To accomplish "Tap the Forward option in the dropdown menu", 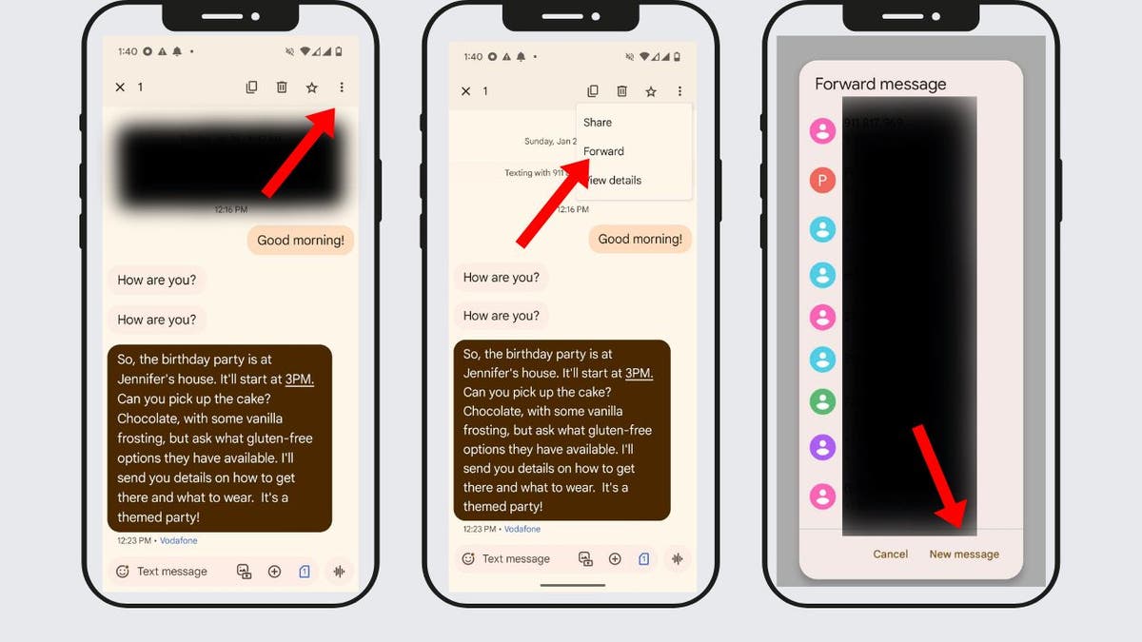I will point(603,151).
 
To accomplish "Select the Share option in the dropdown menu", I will point(598,123).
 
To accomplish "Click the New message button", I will point(964,554).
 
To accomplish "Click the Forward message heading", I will point(880,85).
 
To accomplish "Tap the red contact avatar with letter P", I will point(822,180).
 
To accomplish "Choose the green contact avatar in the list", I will point(822,401).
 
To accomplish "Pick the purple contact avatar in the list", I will point(822,447).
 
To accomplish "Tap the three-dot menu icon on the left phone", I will point(342,88).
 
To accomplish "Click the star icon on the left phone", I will point(311,88).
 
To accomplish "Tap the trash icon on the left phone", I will point(282,88).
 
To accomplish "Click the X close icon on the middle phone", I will point(465,91).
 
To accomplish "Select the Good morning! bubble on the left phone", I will point(301,241).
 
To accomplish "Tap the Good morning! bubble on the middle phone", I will point(640,239).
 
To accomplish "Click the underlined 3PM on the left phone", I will point(299,379).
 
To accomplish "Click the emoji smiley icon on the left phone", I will point(123,572).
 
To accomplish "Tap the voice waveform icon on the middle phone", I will point(678,559).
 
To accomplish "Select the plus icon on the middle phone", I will point(615,559).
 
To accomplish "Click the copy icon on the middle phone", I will point(592,91).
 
